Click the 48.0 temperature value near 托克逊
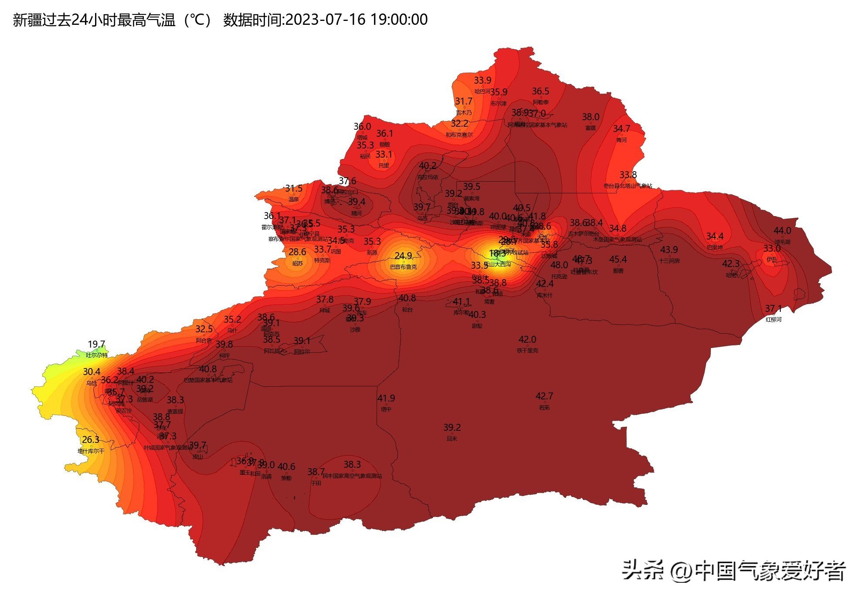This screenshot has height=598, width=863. point(559,265)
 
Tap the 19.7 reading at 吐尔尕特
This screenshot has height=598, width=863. point(96,345)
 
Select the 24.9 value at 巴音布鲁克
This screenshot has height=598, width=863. point(403,256)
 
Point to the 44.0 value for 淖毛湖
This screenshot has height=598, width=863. point(782,230)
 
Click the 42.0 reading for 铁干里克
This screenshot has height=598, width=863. point(527,339)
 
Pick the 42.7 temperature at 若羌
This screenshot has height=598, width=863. point(544,396)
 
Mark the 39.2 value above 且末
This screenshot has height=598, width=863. point(452,427)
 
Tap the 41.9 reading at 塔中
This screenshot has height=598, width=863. point(386,398)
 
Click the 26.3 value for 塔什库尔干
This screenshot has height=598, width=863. point(91,440)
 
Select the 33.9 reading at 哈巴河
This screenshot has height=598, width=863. point(482,80)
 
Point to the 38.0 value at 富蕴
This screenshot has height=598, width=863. point(591,117)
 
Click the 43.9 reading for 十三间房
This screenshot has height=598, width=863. point(669,250)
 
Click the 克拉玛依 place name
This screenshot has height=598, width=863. point(428,177)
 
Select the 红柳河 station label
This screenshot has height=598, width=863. point(774,320)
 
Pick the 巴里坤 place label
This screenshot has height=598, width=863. point(715,247)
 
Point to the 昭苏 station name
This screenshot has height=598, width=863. point(297,263)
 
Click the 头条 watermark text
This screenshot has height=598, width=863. point(642,570)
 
